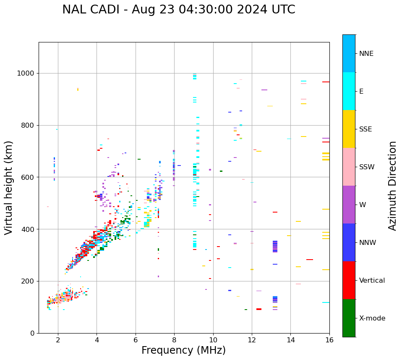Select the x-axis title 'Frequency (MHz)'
tap(183, 350)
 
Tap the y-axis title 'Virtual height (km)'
tap(9, 188)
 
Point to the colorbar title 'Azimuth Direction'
tap(392, 186)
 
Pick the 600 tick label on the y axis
tap(28, 177)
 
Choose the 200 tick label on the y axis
tap(28, 281)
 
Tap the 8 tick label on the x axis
tap(174, 340)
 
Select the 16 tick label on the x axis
tap(329, 340)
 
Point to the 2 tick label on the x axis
tap(58, 340)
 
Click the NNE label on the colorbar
tap(366, 54)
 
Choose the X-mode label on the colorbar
tap(372, 318)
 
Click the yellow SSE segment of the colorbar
tap(349, 129)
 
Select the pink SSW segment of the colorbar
tap(349, 167)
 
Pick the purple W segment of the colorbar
tap(349, 205)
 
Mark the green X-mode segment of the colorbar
tap(349, 318)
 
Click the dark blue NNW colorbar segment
tap(349, 242)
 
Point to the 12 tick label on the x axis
tap(252, 340)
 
